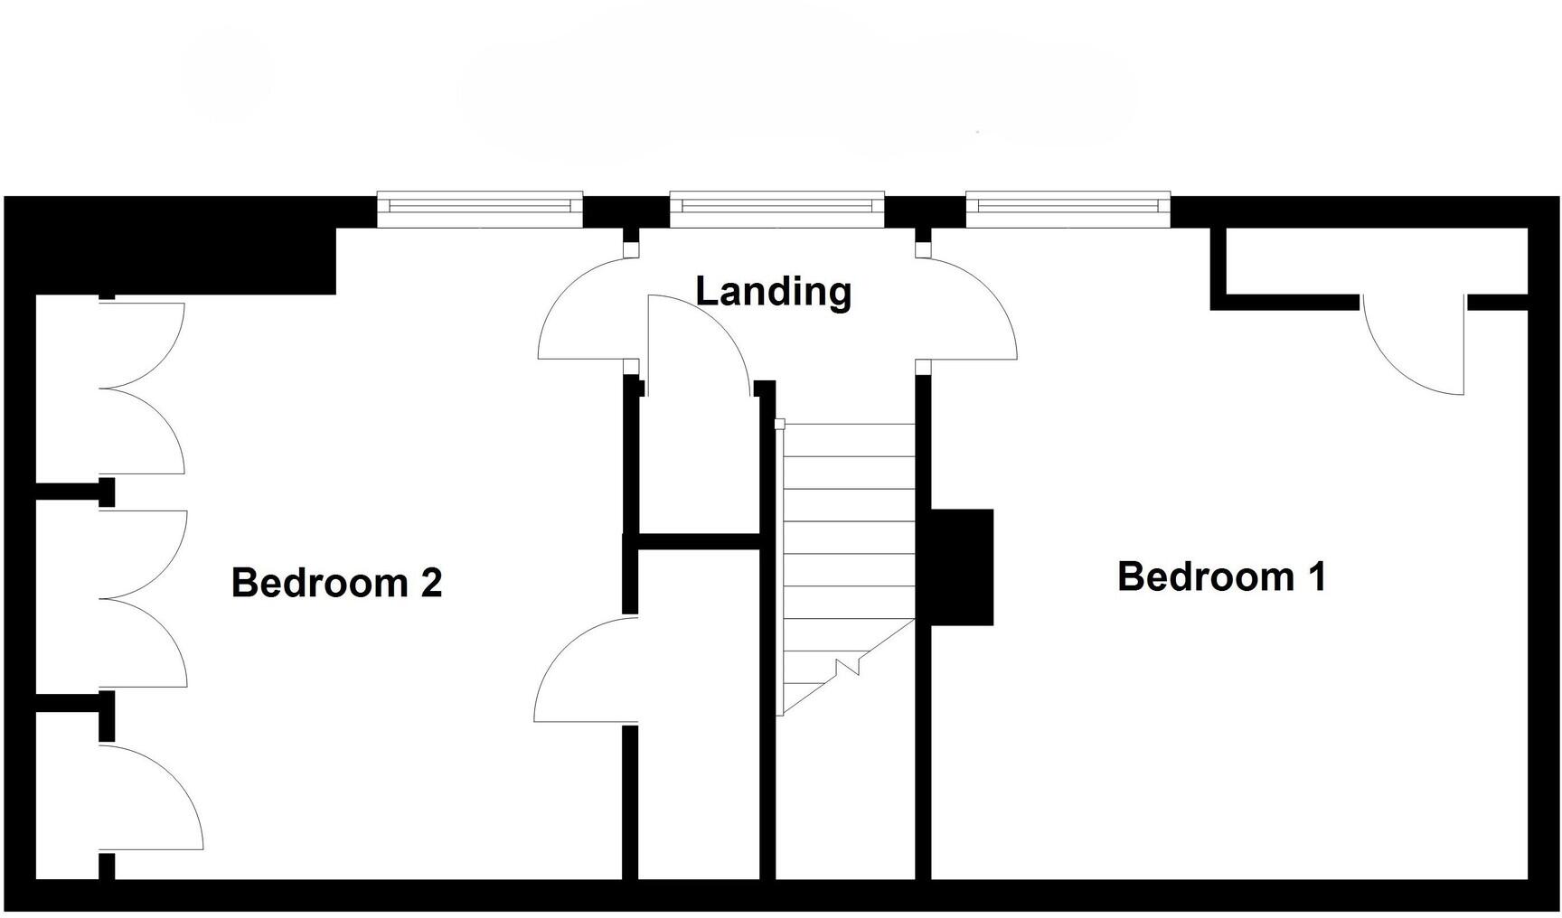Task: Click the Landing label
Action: (x=773, y=292)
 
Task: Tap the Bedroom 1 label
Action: (x=1221, y=576)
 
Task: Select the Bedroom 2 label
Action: (x=336, y=583)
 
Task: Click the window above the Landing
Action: (x=776, y=209)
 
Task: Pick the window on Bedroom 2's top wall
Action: (x=479, y=209)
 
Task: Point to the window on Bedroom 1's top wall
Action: (x=1068, y=209)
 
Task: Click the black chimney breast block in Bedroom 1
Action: (x=961, y=567)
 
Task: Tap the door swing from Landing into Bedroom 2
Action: (x=583, y=312)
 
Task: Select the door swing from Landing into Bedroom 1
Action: (x=972, y=312)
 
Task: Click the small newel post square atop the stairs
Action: (x=779, y=424)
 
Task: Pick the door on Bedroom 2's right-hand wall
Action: (x=586, y=670)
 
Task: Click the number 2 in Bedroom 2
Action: (x=431, y=583)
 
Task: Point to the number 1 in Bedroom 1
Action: (x=1315, y=576)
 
